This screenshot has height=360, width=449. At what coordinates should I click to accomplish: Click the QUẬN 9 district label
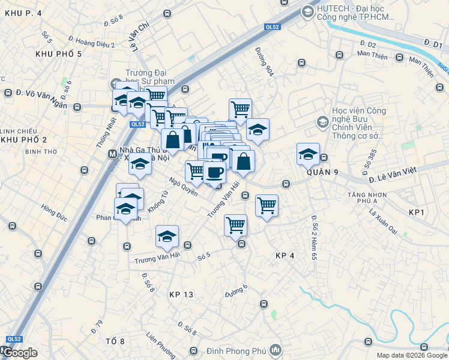(x=322, y=172)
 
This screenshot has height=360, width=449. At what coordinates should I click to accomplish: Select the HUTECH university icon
(x=307, y=11)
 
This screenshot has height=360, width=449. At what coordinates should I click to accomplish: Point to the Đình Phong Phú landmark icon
(x=276, y=349)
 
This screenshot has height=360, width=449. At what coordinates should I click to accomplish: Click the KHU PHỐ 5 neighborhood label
(x=58, y=54)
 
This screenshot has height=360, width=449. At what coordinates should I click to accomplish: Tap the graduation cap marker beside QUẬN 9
(x=308, y=154)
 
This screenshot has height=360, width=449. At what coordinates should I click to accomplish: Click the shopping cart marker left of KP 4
(x=236, y=225)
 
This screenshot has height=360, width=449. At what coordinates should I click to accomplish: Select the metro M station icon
(x=112, y=154)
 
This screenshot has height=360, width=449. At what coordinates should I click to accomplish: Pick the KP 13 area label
(x=181, y=295)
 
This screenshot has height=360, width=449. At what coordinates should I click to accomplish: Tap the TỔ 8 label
(x=115, y=341)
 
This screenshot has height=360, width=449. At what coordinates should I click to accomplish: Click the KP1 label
(x=416, y=213)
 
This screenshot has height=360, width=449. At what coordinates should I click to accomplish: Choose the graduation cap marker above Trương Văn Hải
(x=167, y=236)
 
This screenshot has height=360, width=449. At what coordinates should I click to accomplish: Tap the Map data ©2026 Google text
(x=412, y=355)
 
